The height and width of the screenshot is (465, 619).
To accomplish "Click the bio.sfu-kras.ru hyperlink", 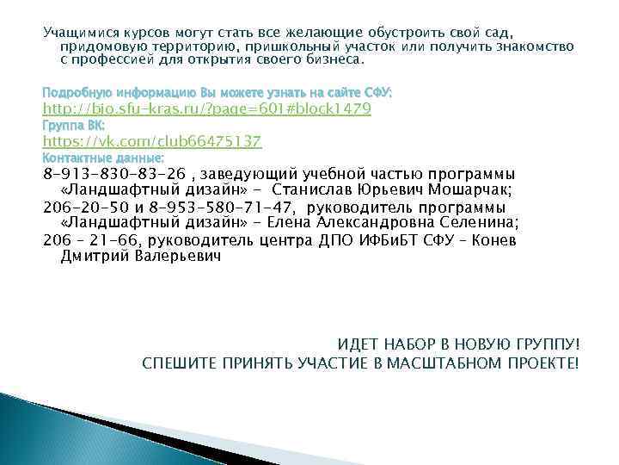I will (207, 108).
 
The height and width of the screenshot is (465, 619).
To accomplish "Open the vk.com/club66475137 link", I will (152, 141).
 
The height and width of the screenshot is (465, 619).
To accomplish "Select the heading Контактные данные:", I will (103, 158).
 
